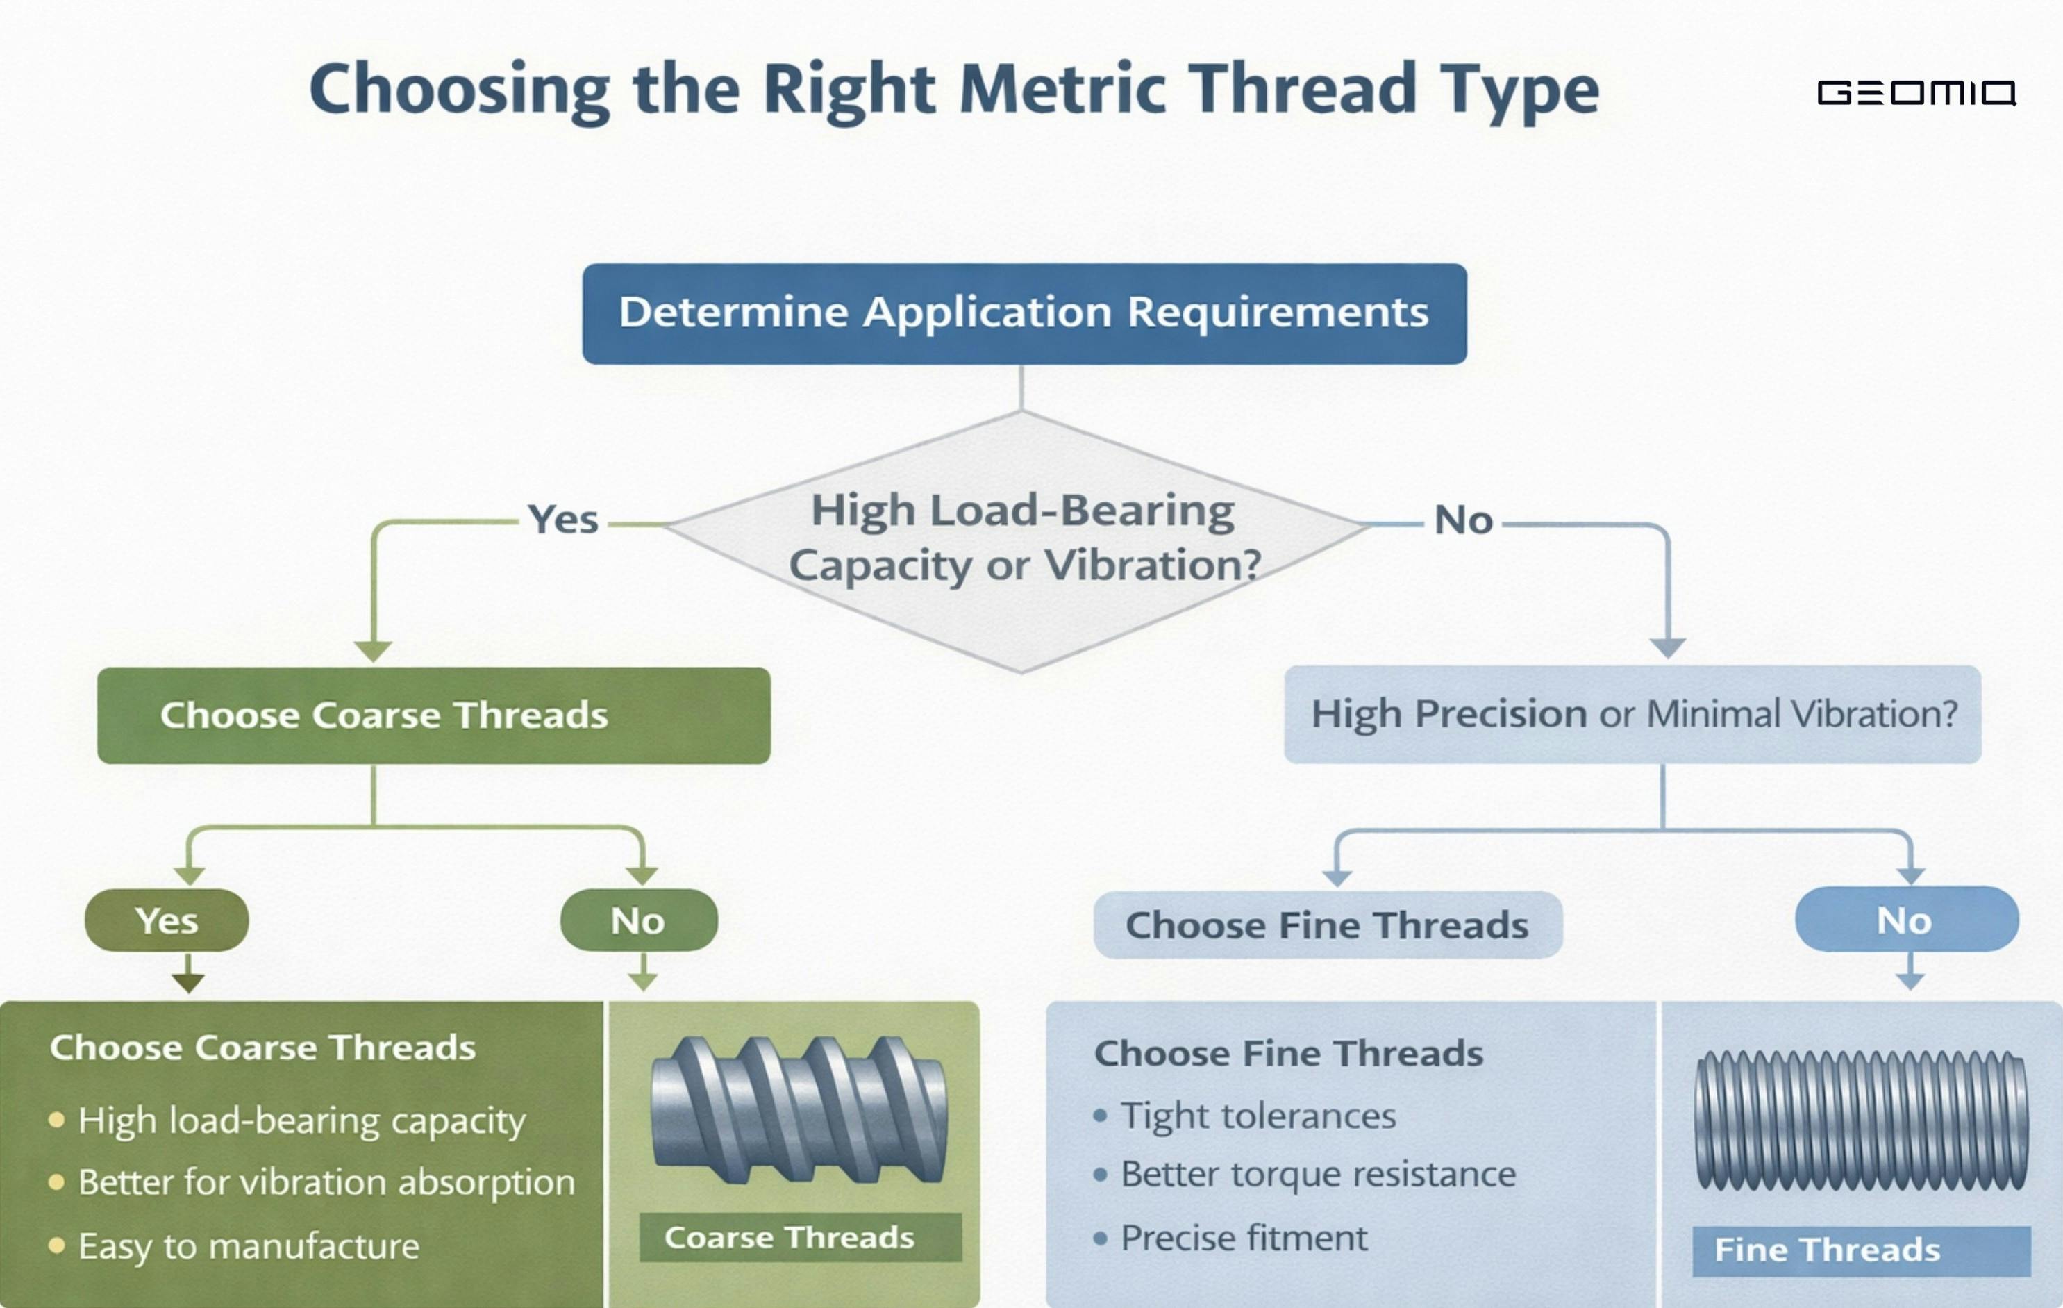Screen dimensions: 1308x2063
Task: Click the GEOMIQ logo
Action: (x=1916, y=92)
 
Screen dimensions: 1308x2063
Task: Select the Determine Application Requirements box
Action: (x=1024, y=313)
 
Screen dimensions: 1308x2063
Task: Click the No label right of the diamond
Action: (x=1463, y=520)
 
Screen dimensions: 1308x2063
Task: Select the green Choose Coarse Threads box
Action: (x=433, y=715)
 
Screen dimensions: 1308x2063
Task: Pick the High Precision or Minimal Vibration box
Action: (x=1632, y=714)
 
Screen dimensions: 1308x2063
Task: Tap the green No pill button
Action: (x=638, y=920)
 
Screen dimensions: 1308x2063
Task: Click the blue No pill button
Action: (x=1905, y=920)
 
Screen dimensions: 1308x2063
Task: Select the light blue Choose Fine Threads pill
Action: (x=1327, y=925)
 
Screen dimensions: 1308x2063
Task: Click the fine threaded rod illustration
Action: (x=1861, y=1120)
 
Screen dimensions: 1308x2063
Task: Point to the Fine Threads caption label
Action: (x=1860, y=1250)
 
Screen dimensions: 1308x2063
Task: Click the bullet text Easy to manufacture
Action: (x=249, y=1246)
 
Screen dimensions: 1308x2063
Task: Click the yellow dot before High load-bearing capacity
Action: (x=56, y=1120)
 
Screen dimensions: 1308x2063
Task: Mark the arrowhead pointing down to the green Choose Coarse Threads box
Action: (x=373, y=652)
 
